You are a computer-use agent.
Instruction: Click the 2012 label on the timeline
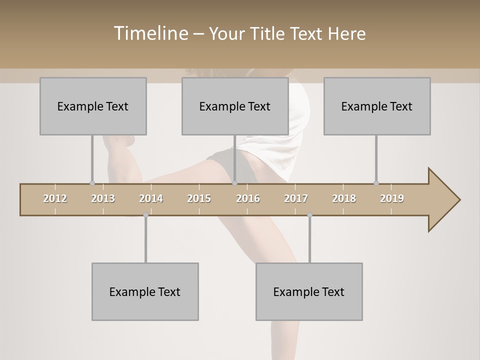[55, 198]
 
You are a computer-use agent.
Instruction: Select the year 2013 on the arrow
[103, 198]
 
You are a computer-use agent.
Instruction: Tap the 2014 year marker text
[151, 198]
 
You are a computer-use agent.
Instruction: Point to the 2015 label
[199, 198]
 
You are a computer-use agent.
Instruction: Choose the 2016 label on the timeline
[248, 198]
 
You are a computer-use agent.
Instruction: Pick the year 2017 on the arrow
[296, 198]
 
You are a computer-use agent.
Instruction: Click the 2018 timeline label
[344, 198]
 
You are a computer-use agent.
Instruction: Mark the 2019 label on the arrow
[392, 198]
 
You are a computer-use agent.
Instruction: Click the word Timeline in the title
[150, 33]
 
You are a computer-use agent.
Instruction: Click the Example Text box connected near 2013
[93, 106]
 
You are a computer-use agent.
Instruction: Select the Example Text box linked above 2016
[235, 106]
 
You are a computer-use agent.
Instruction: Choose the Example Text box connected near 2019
[377, 106]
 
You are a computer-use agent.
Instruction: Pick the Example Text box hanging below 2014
[145, 291]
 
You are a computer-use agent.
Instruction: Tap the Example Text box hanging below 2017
[309, 291]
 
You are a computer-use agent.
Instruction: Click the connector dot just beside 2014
[145, 215]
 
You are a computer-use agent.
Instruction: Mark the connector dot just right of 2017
[309, 215]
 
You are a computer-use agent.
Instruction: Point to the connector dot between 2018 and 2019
[376, 183]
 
